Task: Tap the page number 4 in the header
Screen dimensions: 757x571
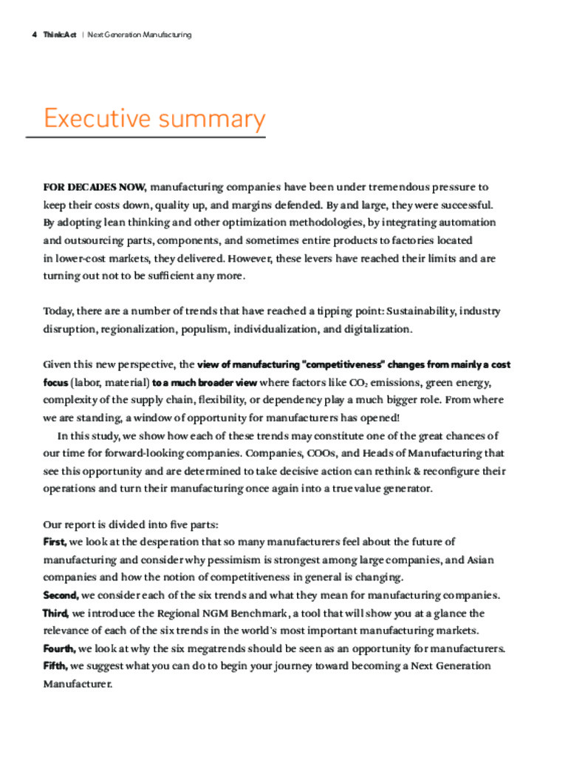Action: (35, 35)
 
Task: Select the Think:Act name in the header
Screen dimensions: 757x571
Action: (60, 35)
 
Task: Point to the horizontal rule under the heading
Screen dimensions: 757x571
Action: (146, 137)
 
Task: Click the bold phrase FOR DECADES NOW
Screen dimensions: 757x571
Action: (95, 187)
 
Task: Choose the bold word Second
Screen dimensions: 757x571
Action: (61, 595)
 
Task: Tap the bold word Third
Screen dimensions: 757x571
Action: (56, 613)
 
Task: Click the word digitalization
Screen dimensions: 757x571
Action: (377, 328)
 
